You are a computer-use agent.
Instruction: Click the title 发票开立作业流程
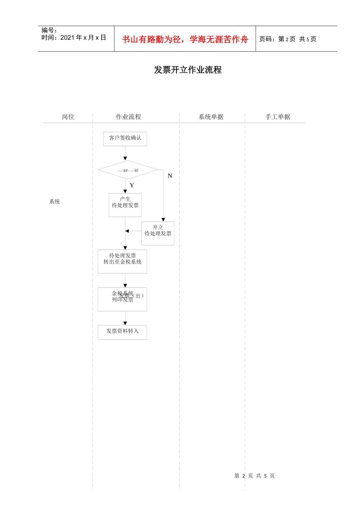[188, 70]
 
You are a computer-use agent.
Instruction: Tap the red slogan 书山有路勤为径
[185, 39]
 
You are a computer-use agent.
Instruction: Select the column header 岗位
[68, 117]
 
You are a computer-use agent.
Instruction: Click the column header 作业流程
[128, 117]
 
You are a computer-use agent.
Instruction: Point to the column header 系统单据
[211, 117]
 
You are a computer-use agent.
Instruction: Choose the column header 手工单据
[277, 117]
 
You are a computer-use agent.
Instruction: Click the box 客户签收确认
[125, 139]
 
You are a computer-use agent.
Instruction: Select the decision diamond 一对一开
[128, 170]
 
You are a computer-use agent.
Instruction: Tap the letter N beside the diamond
[170, 176]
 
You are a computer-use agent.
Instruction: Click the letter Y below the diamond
[132, 185]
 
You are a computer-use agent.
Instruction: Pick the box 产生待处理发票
[125, 205]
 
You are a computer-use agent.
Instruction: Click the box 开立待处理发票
[158, 233]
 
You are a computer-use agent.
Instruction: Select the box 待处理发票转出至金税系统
[122, 261]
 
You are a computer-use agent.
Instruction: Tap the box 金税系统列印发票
[122, 299]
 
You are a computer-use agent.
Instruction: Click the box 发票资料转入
[122, 332]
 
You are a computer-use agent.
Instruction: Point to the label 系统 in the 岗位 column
[55, 201]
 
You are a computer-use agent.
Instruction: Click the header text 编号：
[49, 30]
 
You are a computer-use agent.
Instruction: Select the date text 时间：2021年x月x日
[74, 37]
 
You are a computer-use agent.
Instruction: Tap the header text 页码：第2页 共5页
[288, 39]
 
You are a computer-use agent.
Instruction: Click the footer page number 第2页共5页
[254, 476]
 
